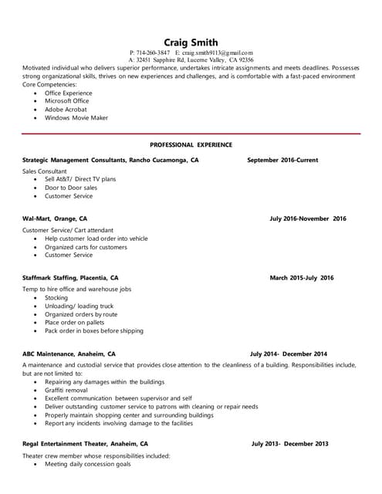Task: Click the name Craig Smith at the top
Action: tap(191, 42)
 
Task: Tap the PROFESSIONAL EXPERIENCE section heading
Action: tap(191, 144)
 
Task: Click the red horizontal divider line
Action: tap(191, 134)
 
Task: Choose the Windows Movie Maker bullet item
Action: tap(76, 118)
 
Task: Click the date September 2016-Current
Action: tap(282, 160)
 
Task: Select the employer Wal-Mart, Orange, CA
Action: tap(55, 218)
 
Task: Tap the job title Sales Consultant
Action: tap(45, 171)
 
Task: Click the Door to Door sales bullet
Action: tap(71, 188)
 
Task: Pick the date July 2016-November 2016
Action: tap(308, 218)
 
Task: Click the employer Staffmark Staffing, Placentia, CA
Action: tap(70, 277)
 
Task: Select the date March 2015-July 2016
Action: tap(302, 277)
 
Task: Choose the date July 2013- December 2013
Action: tap(289, 444)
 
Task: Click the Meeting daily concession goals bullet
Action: tap(87, 464)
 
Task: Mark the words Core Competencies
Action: tap(49, 83)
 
